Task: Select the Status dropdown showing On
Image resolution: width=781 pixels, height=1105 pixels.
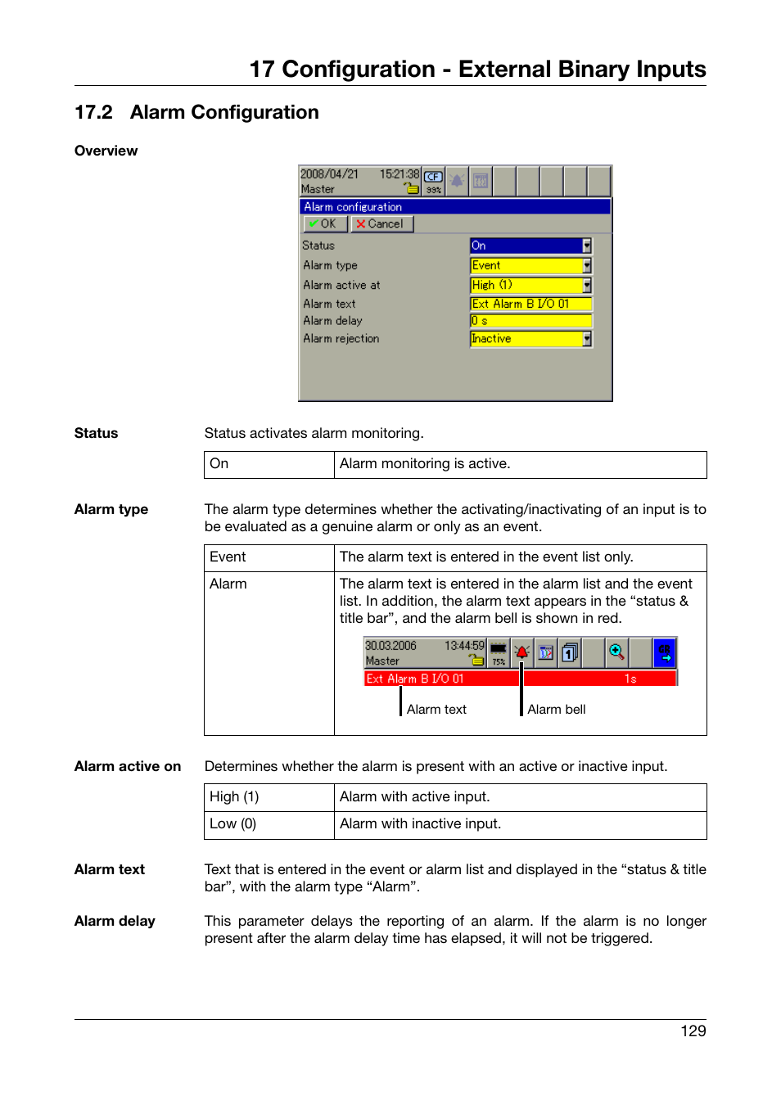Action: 530,246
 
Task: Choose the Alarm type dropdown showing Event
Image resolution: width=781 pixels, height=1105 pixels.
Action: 530,265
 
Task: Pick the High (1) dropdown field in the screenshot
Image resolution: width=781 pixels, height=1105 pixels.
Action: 530,285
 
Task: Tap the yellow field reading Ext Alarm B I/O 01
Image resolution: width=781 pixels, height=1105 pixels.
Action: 530,304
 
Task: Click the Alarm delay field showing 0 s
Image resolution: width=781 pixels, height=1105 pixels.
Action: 530,321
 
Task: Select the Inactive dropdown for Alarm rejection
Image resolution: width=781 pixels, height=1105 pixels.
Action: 530,339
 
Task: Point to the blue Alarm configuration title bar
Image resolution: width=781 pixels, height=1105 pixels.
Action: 454,207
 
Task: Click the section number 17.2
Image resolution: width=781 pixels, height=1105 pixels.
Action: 93,112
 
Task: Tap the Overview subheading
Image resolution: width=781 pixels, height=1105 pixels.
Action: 106,151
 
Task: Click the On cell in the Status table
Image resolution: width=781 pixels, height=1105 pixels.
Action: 219,464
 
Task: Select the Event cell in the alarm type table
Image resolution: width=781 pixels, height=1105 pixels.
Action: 228,557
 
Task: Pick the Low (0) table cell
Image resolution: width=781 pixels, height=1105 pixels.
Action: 232,824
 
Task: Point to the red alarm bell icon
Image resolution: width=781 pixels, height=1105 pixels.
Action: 521,652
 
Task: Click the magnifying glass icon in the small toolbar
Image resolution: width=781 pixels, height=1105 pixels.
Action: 616,652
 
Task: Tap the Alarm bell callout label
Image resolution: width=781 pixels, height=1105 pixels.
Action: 556,710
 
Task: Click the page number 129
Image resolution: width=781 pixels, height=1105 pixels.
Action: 693,1031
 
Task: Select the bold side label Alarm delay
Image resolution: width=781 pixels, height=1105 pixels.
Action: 115,921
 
